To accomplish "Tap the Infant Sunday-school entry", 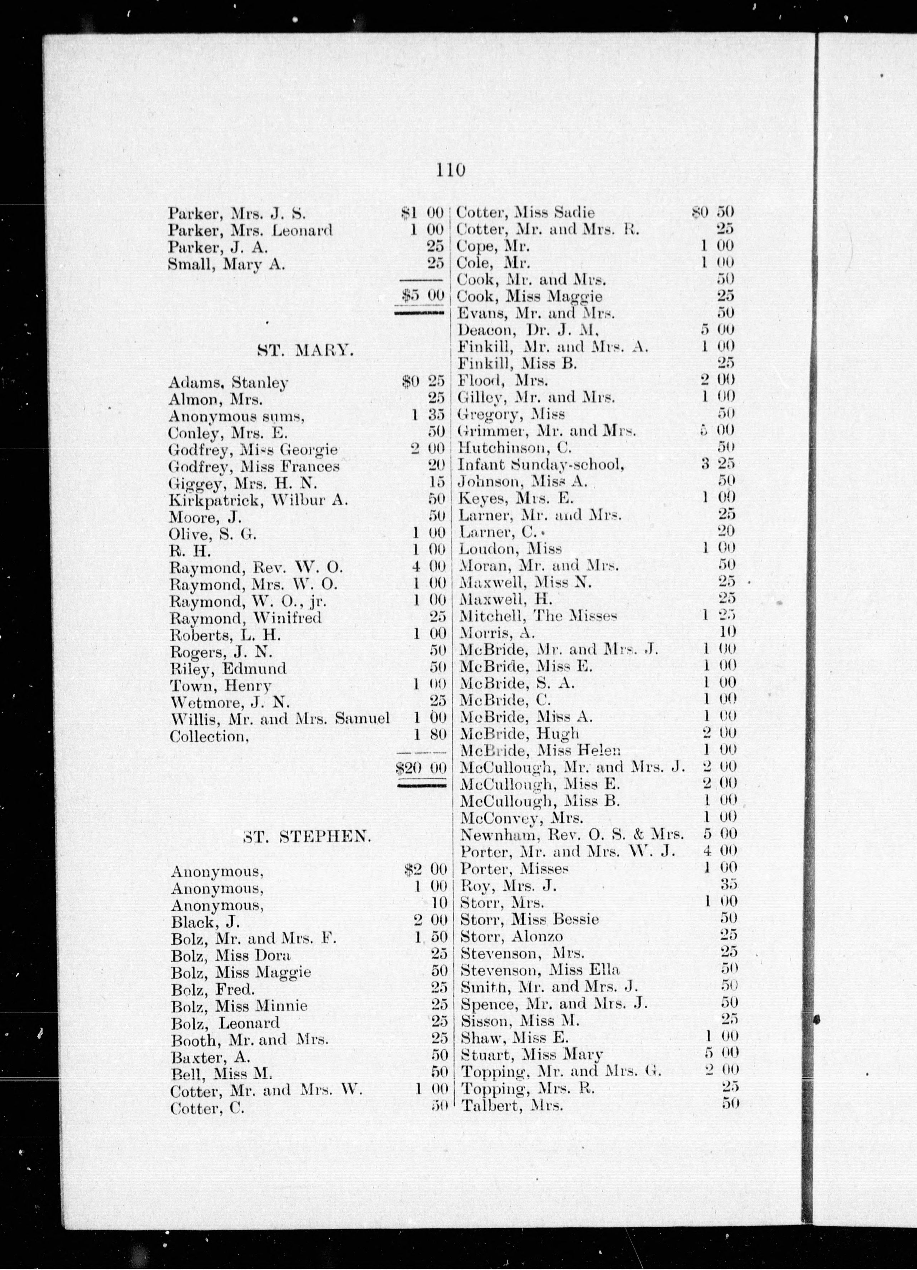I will pyautogui.click(x=540, y=464).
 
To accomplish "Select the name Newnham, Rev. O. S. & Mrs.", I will pyautogui.click(x=572, y=835).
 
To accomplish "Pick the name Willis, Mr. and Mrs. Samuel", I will pyautogui.click(x=279, y=718).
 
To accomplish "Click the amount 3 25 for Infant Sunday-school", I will pyautogui.click(x=719, y=464).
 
